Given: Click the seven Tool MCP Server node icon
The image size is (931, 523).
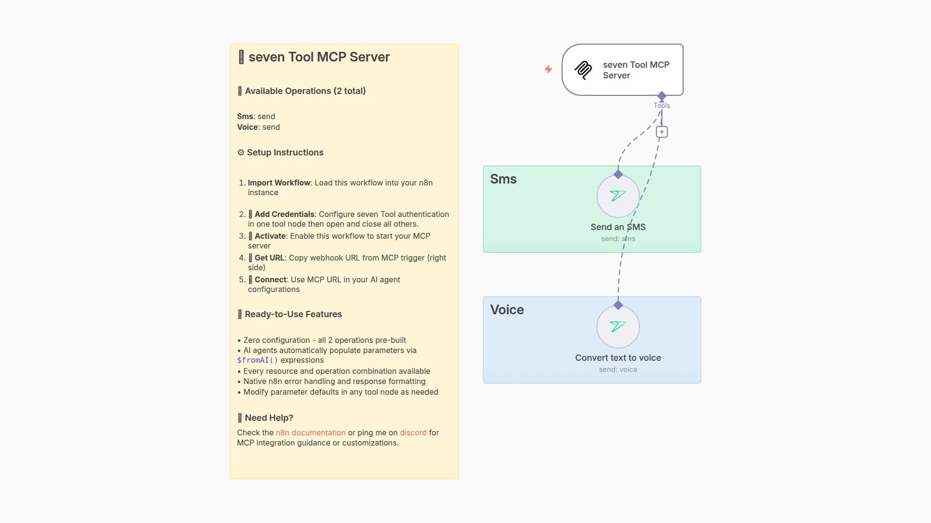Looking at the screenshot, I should [583, 70].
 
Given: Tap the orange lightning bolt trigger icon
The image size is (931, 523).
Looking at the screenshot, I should [548, 69].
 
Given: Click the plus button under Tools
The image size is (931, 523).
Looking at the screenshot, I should [662, 132].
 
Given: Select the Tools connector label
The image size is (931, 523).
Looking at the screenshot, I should [662, 106].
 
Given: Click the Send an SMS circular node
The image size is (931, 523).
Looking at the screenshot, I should [618, 196].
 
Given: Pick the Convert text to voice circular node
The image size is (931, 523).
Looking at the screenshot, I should [618, 327].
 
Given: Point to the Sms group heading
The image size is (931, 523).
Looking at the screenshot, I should [503, 179].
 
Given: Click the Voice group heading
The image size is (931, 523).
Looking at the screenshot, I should [507, 310].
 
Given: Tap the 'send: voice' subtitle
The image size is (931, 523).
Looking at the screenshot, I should [618, 369].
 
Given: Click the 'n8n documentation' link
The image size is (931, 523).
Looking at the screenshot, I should [310, 432].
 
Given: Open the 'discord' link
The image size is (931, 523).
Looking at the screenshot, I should [413, 432].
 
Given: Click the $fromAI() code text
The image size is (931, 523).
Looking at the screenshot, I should [257, 360].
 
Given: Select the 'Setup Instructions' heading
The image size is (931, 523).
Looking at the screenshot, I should [285, 153].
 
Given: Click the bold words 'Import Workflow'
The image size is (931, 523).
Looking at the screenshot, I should [279, 183].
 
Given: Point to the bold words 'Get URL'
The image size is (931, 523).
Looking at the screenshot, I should [269, 258].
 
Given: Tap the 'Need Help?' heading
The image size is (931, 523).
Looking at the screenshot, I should [269, 418].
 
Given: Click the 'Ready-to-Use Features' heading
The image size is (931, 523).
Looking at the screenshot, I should [293, 314].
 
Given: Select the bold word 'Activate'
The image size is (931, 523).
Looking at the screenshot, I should [270, 236].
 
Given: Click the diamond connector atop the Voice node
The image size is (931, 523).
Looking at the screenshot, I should [618, 305].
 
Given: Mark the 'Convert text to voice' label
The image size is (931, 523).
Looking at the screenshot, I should [618, 358].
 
